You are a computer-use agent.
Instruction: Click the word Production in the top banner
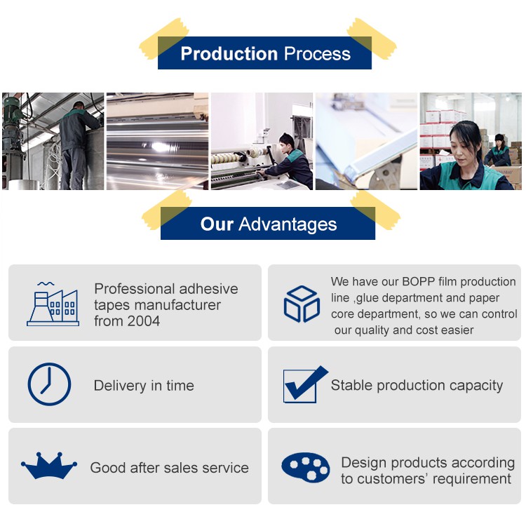tap(229, 54)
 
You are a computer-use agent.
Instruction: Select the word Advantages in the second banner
tap(288, 224)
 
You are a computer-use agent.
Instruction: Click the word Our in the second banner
tap(217, 224)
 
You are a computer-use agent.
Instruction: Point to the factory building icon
tap(53, 304)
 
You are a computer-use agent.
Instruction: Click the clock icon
tap(49, 384)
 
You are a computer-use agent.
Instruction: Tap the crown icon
tap(48, 466)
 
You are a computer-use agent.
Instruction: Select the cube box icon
tap(302, 304)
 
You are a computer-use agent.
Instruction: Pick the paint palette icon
tap(306, 467)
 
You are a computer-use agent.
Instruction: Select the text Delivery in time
tap(144, 386)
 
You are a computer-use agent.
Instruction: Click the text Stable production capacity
tap(417, 386)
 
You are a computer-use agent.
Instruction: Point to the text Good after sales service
tap(169, 468)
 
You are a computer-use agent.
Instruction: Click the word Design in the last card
tap(363, 463)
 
